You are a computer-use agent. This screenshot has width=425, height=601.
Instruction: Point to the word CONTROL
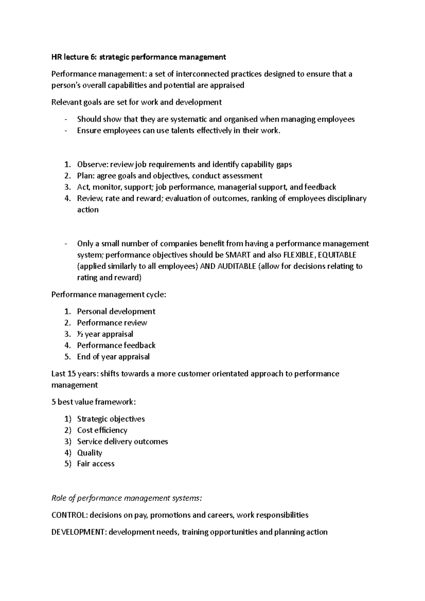(69, 515)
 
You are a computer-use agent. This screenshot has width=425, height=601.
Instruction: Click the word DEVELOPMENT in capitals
(78, 532)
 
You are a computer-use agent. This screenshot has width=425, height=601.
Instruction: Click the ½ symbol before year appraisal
(80, 334)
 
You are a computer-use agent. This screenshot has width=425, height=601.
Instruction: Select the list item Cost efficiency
(102, 430)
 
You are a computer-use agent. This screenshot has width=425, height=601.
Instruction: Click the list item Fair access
(96, 464)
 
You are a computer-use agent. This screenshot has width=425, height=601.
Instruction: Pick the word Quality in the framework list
(90, 453)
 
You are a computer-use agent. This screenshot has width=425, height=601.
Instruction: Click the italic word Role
(59, 498)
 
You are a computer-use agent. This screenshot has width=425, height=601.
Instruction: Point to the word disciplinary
(347, 199)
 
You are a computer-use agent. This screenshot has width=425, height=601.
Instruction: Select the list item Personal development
(116, 311)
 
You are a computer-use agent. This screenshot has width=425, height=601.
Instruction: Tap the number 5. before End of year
(68, 357)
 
